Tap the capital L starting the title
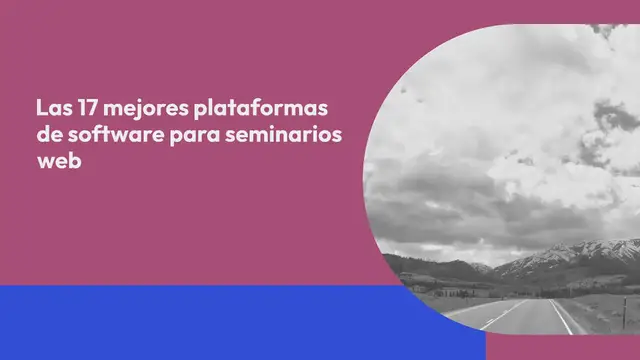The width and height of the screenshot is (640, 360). [40, 107]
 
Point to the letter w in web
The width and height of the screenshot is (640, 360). [45, 164]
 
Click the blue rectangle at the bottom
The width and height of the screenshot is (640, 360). [200, 322]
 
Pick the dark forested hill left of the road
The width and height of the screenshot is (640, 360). [430, 268]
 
